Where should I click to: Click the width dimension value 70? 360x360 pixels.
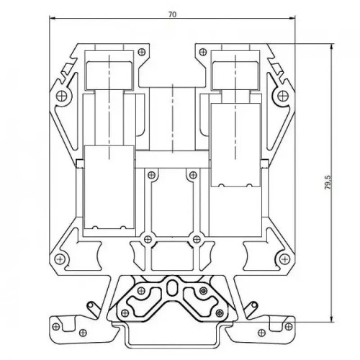point(172,14)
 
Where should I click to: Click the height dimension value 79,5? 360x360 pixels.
point(328,182)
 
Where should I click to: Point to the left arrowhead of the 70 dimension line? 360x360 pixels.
point(53,17)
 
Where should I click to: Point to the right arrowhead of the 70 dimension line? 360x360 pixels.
point(292,17)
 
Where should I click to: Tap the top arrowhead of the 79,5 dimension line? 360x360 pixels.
point(332,47)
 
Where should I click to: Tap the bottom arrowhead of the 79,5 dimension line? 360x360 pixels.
point(332,318)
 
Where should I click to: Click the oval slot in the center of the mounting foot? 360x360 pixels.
point(171,289)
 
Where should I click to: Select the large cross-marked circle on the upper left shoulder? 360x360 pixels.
point(62,96)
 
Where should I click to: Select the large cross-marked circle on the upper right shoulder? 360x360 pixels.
point(283,96)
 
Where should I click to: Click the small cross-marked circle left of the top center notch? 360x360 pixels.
point(142,52)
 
